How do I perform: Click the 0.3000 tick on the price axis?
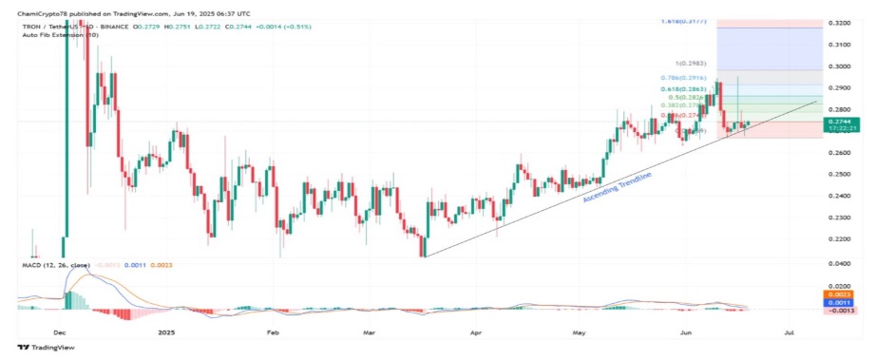[839, 66]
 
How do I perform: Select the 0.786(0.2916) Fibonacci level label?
[684, 76]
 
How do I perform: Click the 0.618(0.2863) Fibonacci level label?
[683, 88]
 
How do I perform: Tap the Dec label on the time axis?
[59, 333]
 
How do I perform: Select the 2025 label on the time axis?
[167, 333]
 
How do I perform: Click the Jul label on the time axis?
[790, 333]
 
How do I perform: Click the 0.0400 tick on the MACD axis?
[839, 262]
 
